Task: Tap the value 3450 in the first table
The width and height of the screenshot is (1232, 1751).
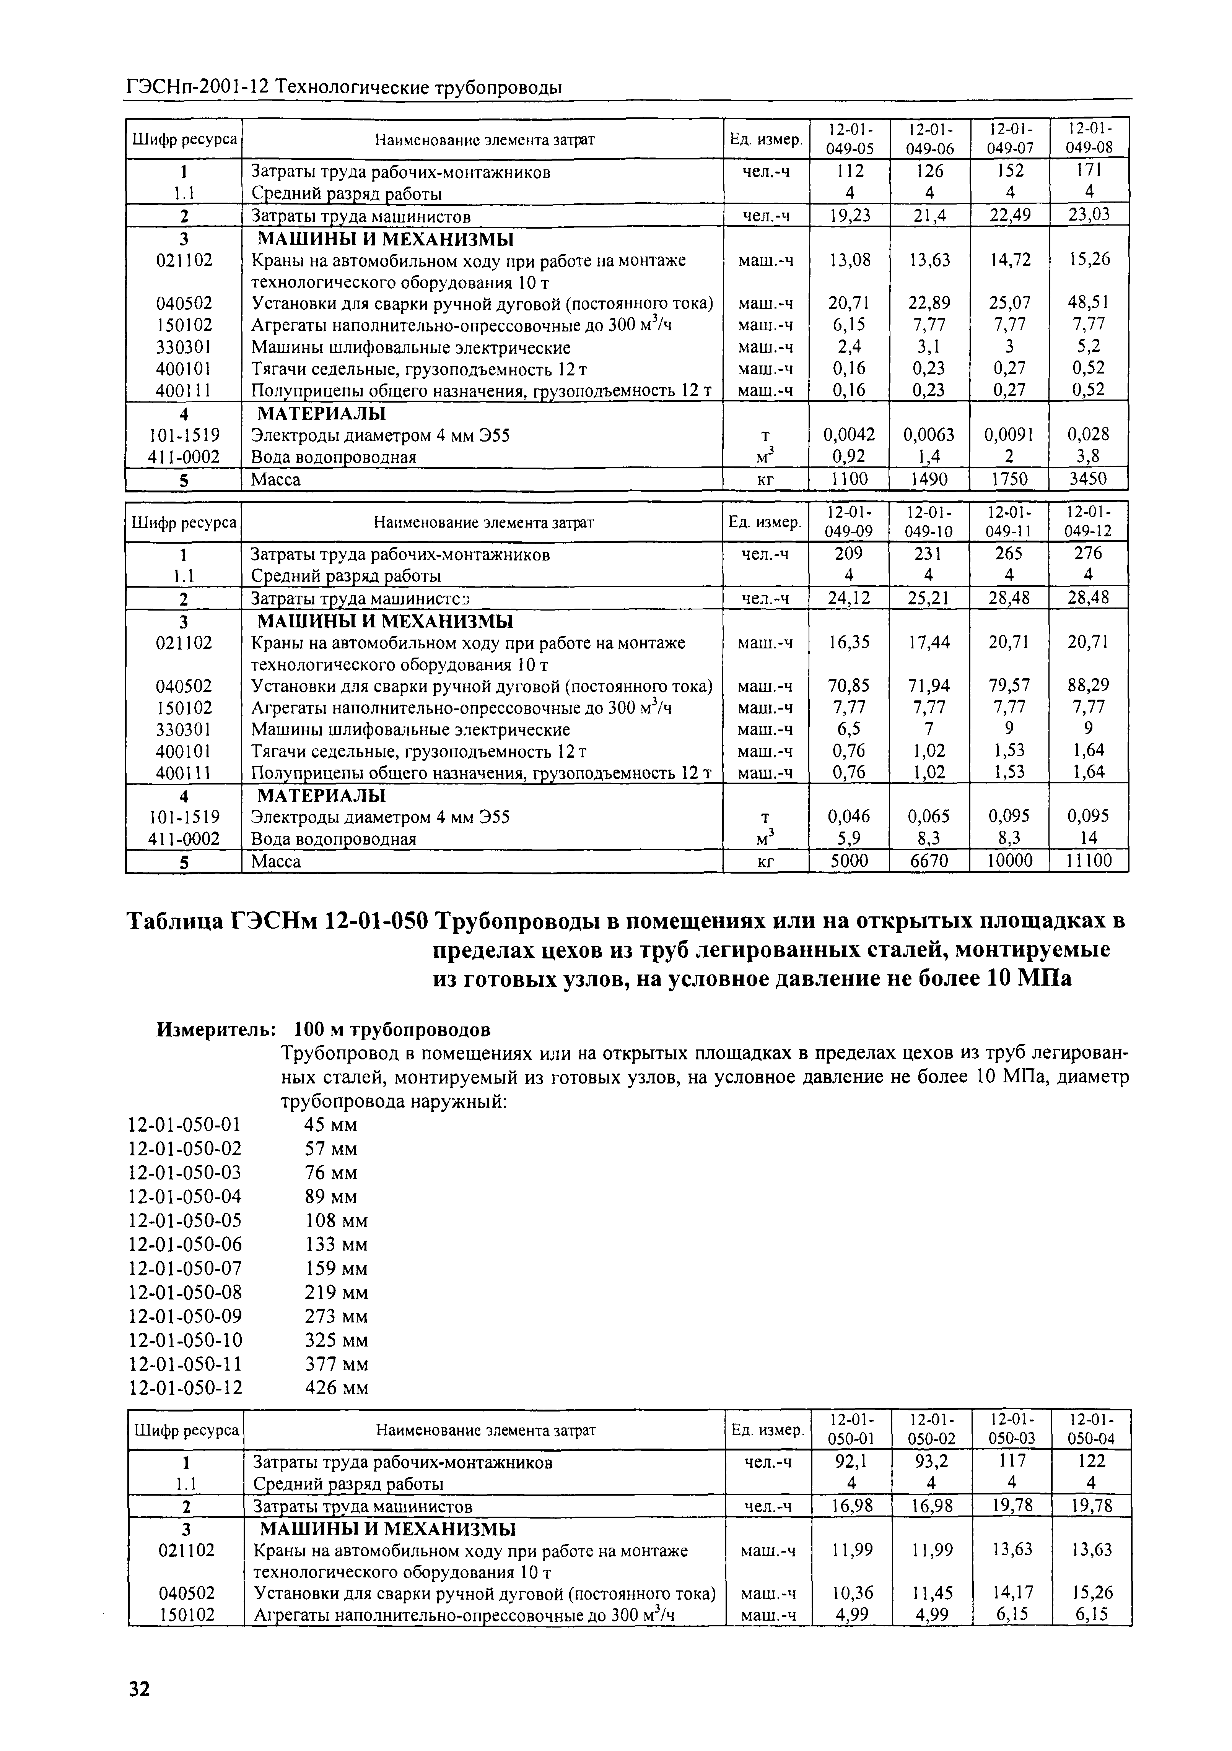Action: click(x=1089, y=479)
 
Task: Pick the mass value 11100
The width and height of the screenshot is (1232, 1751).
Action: click(x=1089, y=861)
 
